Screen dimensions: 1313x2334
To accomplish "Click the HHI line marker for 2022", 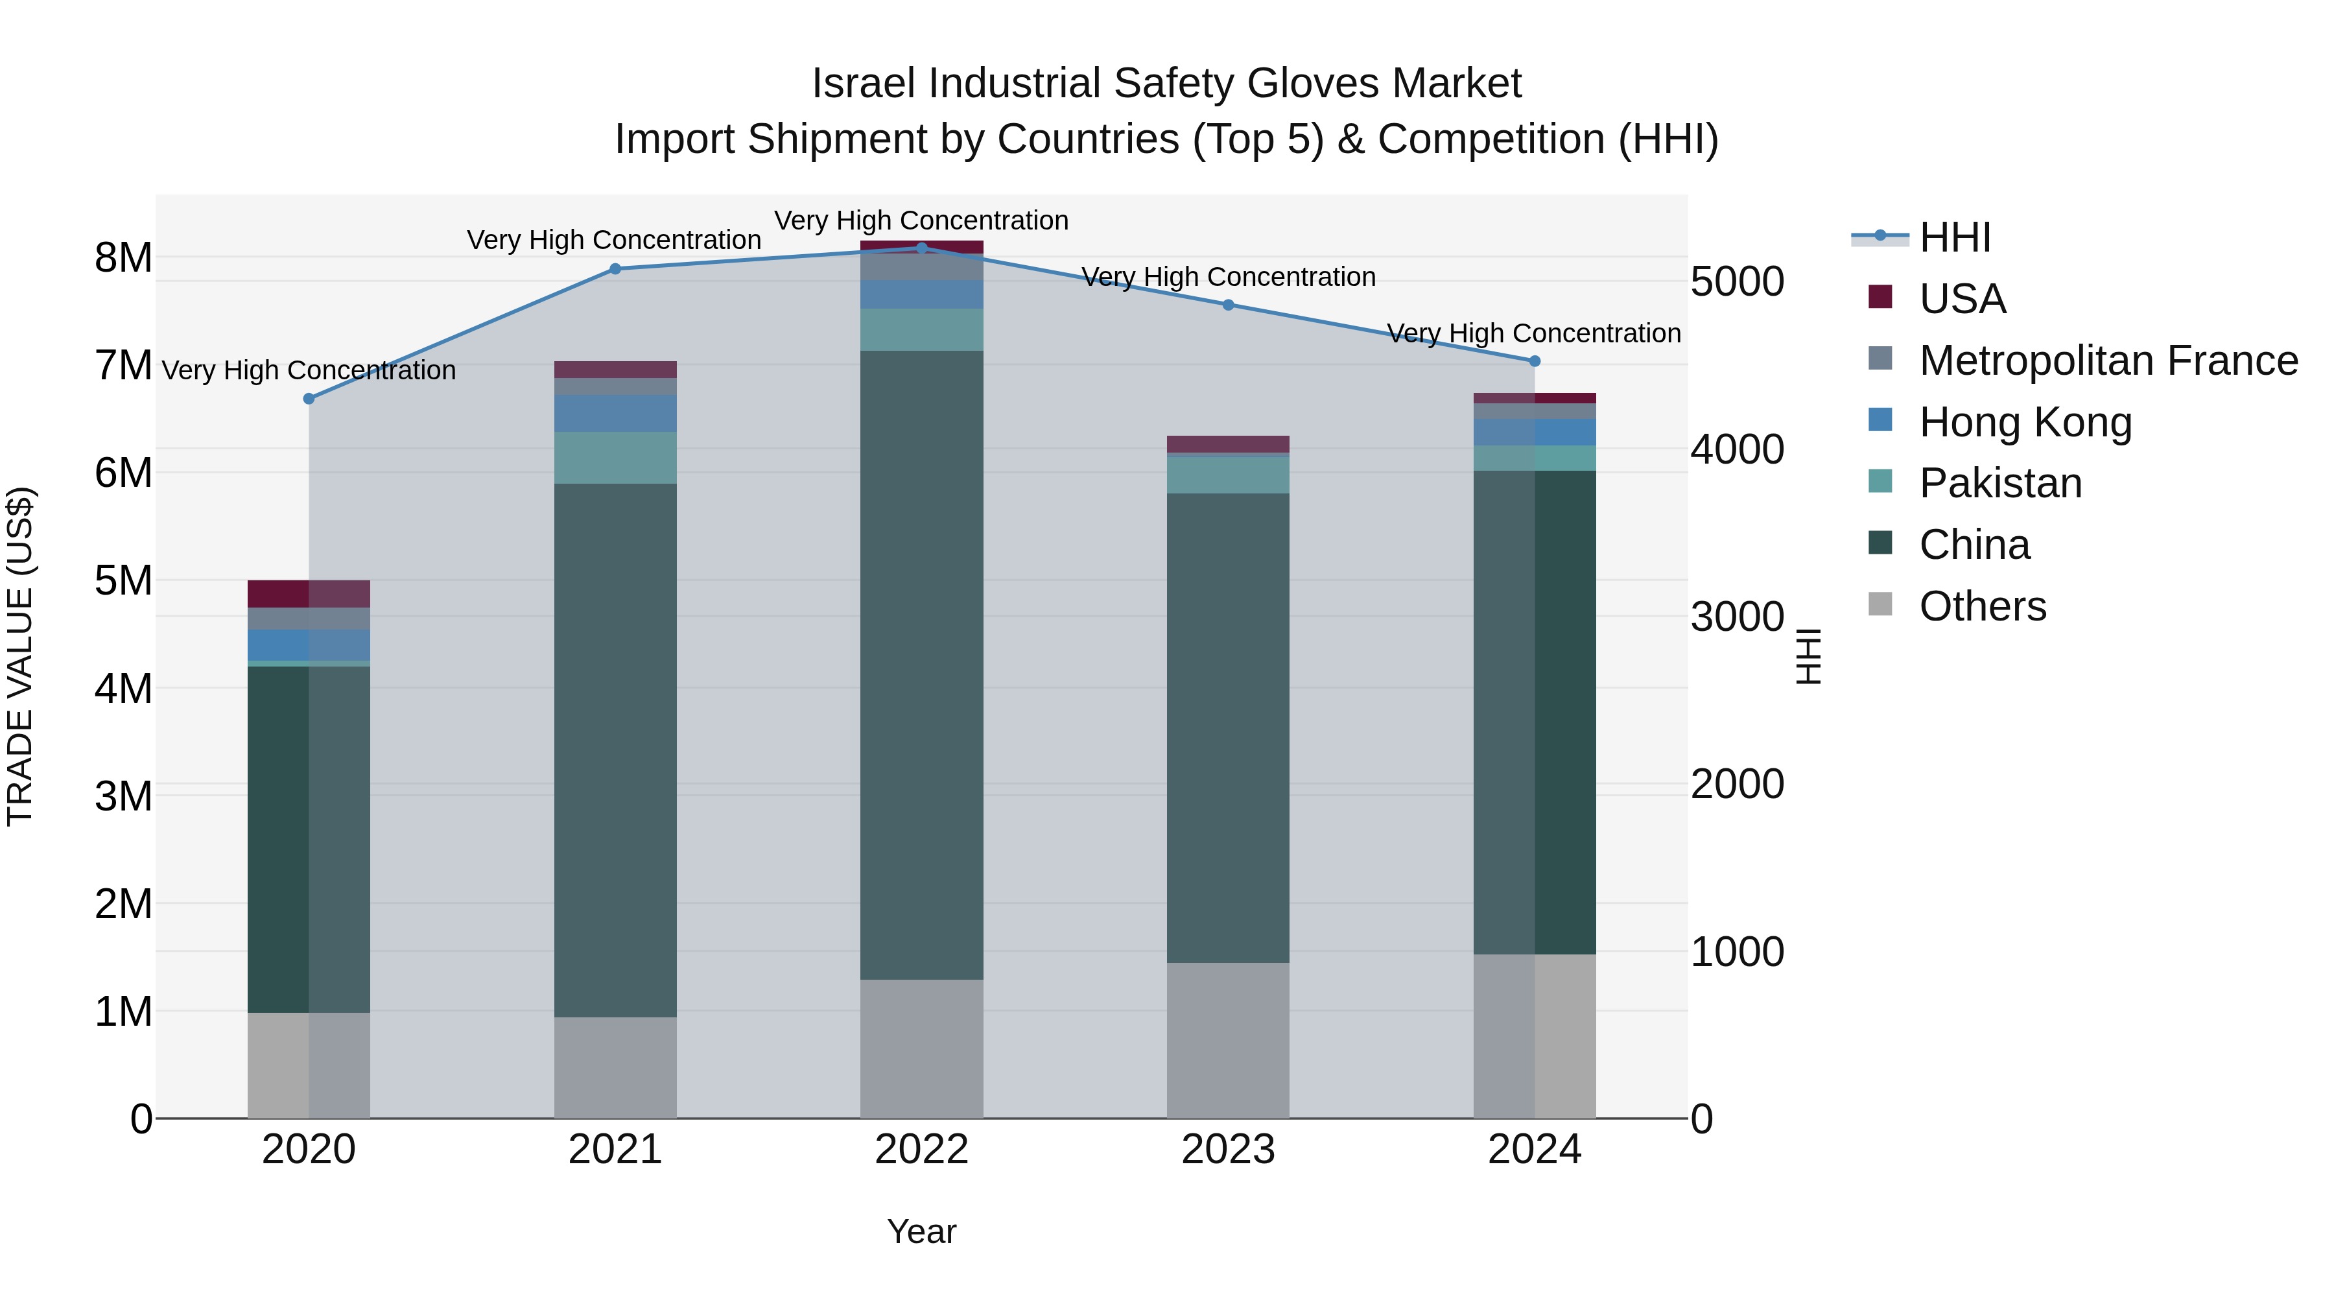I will click(921, 248).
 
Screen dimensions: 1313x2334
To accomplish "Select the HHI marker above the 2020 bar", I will click(309, 399).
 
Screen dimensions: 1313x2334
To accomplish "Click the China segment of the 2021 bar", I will click(615, 750).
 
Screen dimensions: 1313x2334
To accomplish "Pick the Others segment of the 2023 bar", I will click(1228, 1039).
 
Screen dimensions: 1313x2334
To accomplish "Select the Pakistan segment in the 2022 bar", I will click(921, 330).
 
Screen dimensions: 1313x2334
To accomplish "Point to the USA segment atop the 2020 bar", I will click(309, 593).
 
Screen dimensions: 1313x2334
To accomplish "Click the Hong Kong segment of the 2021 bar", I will click(615, 413).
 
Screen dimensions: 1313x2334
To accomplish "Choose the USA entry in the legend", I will click(1962, 299).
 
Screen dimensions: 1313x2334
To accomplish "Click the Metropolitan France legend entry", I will click(2108, 361).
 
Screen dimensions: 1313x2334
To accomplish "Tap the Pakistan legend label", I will click(1999, 483).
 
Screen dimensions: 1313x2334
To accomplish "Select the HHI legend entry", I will click(1954, 237).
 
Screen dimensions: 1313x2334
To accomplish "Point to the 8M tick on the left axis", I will click(123, 258).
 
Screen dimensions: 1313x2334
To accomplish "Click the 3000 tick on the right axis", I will click(1736, 617).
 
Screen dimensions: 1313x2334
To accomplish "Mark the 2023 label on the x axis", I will click(1228, 1150).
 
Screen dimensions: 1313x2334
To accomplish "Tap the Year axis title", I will click(921, 1231).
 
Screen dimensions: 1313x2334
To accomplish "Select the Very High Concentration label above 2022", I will click(921, 220).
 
